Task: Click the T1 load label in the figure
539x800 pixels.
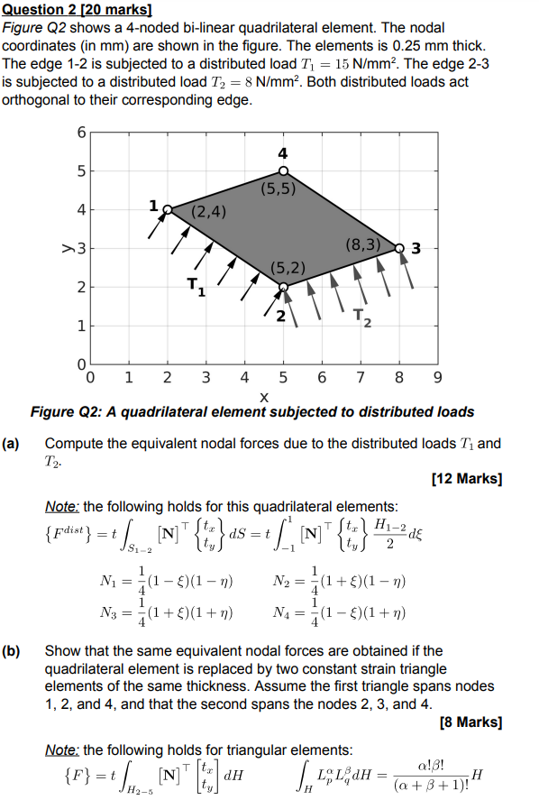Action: click(196, 288)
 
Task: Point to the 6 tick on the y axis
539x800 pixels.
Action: click(79, 133)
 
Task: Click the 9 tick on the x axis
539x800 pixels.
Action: click(437, 378)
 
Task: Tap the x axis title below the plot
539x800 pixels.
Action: click(263, 397)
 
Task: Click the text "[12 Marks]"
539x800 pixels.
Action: click(467, 479)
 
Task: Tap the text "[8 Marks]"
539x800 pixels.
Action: click(470, 722)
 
